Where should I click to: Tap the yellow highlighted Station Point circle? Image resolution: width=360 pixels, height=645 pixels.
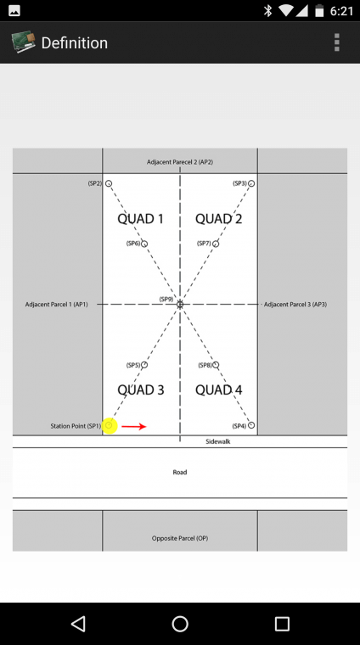pyautogui.click(x=109, y=426)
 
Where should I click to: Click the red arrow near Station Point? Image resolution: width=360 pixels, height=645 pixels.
pyautogui.click(x=134, y=427)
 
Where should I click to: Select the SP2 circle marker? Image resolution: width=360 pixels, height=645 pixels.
pyautogui.click(x=108, y=183)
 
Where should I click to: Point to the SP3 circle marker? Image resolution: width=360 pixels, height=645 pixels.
pyautogui.click(x=251, y=183)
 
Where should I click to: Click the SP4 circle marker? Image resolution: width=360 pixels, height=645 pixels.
pyautogui.click(x=251, y=425)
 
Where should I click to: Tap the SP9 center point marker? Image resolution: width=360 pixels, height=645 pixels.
pyautogui.click(x=180, y=305)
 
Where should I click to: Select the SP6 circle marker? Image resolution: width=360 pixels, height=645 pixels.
pyautogui.click(x=144, y=244)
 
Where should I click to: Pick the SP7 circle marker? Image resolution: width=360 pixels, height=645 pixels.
pyautogui.click(x=216, y=244)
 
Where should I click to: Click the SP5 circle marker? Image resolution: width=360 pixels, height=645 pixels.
pyautogui.click(x=144, y=365)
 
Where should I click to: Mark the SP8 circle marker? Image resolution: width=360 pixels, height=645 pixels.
pyautogui.click(x=216, y=365)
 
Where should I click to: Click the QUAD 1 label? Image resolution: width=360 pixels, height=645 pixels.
pyautogui.click(x=141, y=219)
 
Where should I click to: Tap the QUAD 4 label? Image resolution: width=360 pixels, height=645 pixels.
pyautogui.click(x=219, y=390)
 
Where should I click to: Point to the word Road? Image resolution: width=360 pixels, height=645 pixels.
pyautogui.click(x=180, y=472)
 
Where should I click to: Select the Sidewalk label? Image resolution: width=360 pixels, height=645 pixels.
pyautogui.click(x=218, y=441)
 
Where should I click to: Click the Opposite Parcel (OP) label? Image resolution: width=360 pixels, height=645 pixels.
pyautogui.click(x=180, y=538)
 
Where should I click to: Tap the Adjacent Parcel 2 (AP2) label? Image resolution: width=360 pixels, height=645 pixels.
pyautogui.click(x=180, y=162)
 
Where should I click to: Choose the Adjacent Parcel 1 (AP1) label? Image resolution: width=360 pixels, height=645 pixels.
pyautogui.click(x=56, y=305)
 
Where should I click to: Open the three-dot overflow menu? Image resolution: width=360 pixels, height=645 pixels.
pyautogui.click(x=337, y=42)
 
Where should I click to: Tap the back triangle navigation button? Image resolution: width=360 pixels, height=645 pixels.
pyautogui.click(x=78, y=624)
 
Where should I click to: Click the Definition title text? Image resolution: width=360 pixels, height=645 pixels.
pyautogui.click(x=75, y=42)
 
